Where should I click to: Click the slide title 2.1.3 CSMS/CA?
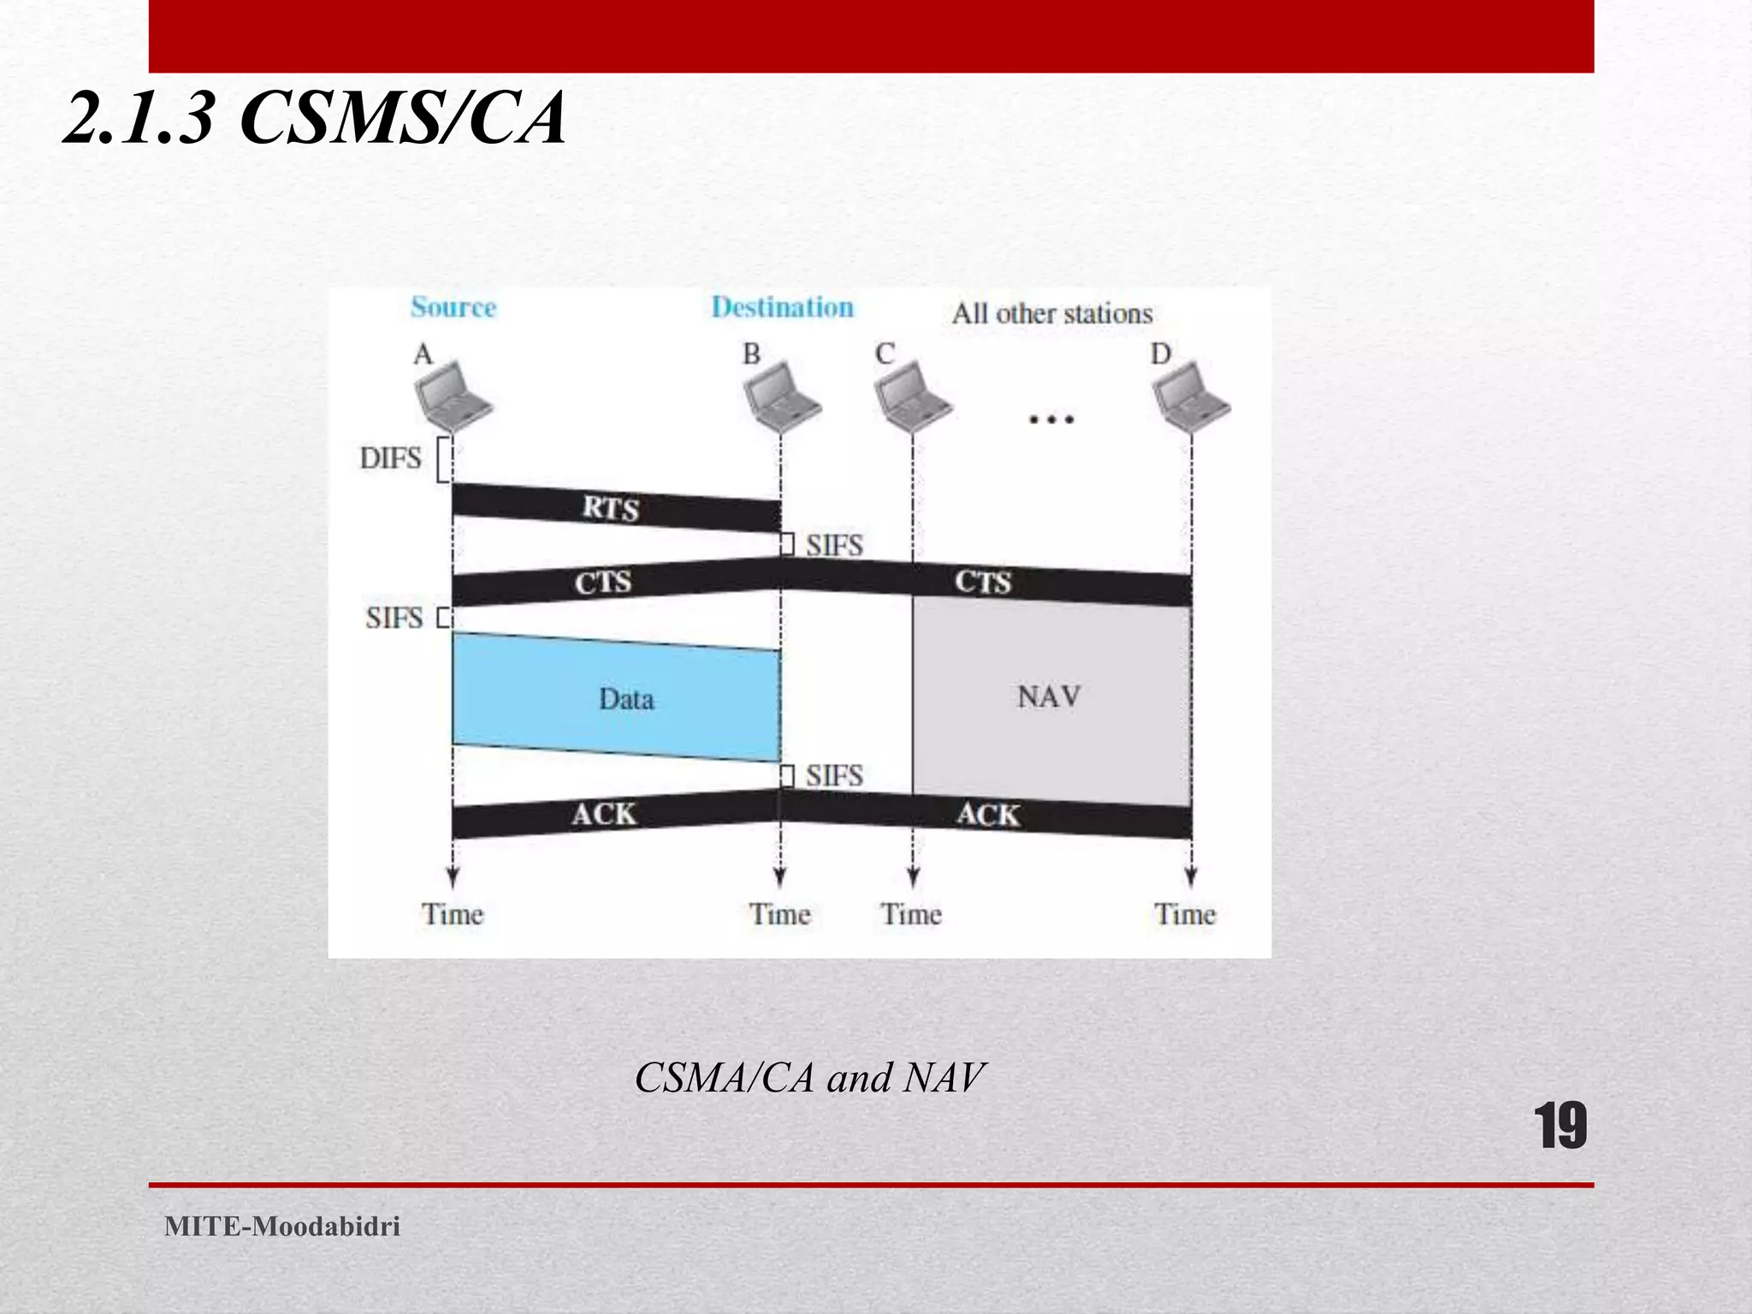(x=314, y=119)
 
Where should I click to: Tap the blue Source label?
(x=453, y=307)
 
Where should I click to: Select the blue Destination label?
(x=782, y=307)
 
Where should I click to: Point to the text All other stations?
(x=1052, y=314)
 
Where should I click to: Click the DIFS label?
(x=391, y=459)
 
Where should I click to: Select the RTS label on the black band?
(x=611, y=508)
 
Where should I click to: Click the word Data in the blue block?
(x=626, y=700)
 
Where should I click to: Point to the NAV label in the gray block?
(x=1049, y=697)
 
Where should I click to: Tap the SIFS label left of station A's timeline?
(x=394, y=618)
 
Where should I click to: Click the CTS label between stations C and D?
(x=983, y=583)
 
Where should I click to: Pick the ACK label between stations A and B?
(x=604, y=814)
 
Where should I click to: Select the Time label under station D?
(x=1185, y=914)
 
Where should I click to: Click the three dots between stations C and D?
(x=1051, y=419)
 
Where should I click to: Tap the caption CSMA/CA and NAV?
(x=809, y=1078)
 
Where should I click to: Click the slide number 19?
(x=1560, y=1127)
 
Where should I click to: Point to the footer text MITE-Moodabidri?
(x=282, y=1227)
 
